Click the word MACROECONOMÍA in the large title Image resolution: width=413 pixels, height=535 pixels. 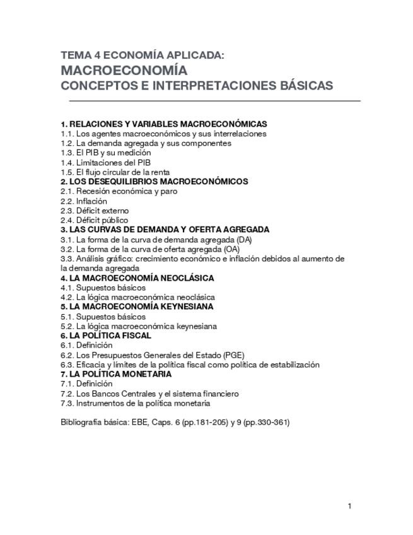tap(124, 70)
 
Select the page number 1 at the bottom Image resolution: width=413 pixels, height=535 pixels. tap(349, 506)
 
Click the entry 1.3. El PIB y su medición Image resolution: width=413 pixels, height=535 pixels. tap(106, 153)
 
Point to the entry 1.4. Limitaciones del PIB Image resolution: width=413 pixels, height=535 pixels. tap(106, 162)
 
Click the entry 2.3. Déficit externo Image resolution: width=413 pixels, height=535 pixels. tap(95, 211)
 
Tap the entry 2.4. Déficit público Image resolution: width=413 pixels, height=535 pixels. tap(95, 220)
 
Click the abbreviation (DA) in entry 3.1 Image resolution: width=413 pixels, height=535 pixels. tap(245, 240)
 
